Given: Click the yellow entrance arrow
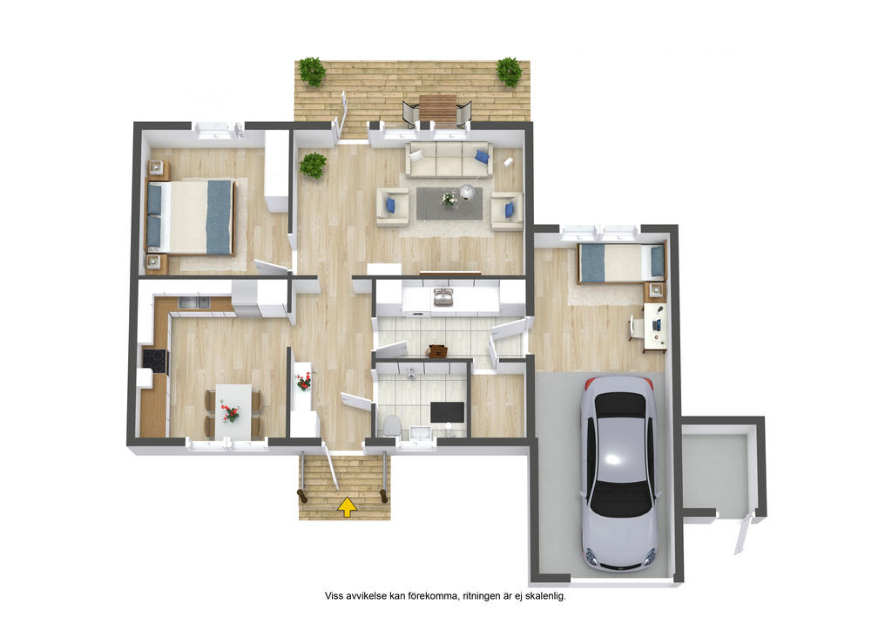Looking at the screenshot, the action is click(x=347, y=506).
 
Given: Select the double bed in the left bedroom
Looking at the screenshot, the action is click(x=191, y=217).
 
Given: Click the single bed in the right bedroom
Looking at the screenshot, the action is click(x=621, y=262).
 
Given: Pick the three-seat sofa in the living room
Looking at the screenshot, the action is click(x=449, y=159).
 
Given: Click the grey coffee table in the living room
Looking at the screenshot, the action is click(x=449, y=203).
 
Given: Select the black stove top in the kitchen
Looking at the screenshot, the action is click(x=155, y=361).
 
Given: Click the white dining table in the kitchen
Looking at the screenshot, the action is click(x=233, y=411).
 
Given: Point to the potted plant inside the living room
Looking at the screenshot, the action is click(x=313, y=165).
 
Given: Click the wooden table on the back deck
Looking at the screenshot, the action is click(x=438, y=108).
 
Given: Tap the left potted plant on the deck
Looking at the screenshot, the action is click(x=313, y=71).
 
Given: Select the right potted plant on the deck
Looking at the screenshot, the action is click(x=509, y=71).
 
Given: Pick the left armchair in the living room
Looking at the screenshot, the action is click(x=393, y=206).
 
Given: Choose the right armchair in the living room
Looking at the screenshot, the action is click(x=508, y=211).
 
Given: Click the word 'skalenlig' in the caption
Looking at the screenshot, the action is click(x=546, y=596).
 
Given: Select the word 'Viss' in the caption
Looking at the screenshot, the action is click(x=334, y=596).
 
